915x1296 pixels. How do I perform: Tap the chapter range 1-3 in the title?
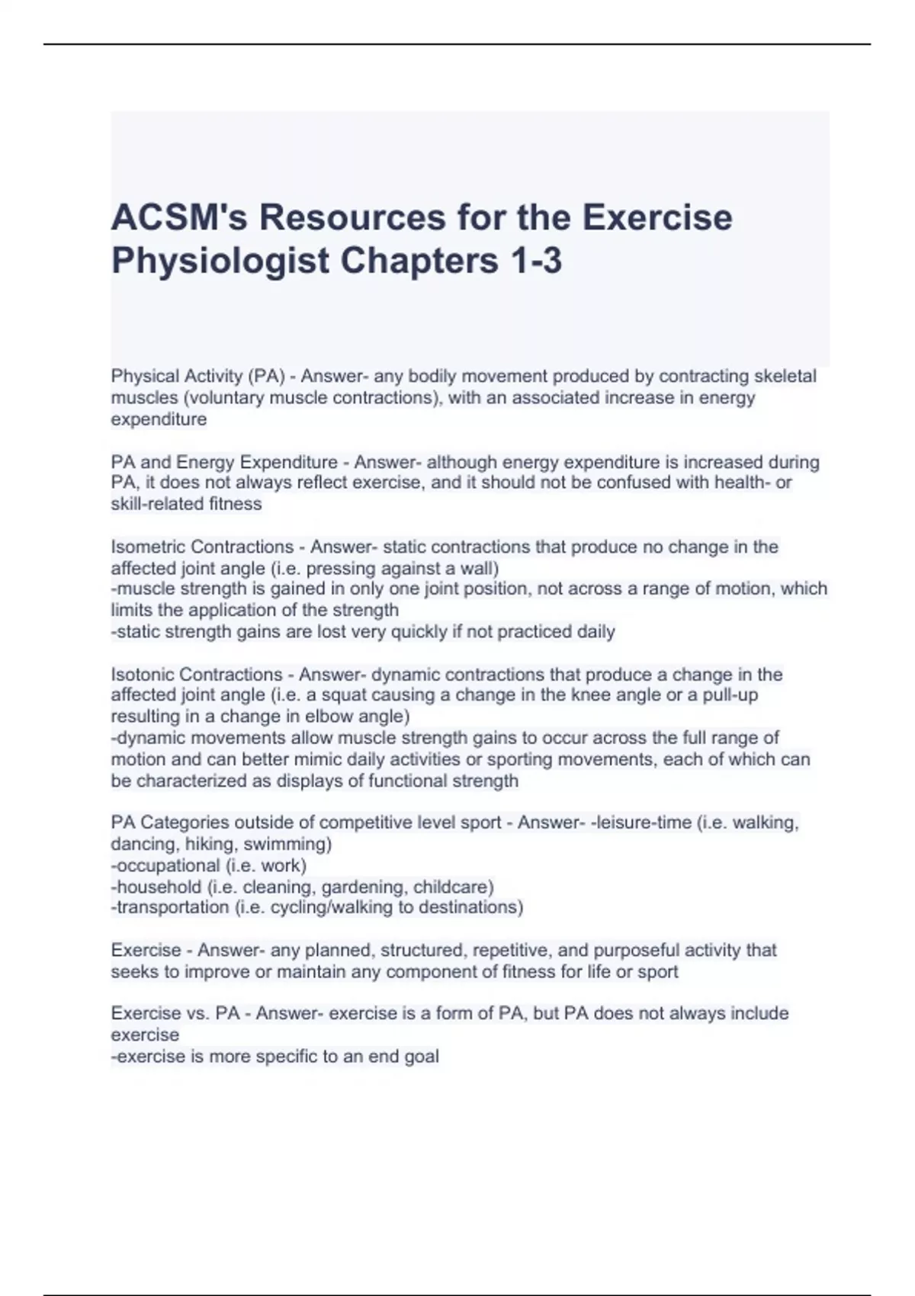click(x=534, y=261)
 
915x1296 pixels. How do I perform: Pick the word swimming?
click(x=287, y=844)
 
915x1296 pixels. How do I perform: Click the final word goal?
click(x=420, y=1057)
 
